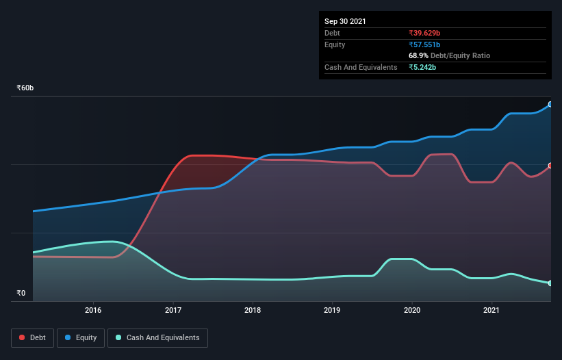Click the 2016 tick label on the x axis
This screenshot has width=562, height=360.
coord(93,311)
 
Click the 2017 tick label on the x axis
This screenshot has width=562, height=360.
coord(173,311)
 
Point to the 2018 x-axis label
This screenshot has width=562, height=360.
coord(253,311)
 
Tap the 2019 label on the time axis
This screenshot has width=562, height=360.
coord(332,311)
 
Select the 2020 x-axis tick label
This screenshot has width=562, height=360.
coord(412,311)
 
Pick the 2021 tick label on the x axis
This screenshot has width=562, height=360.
coord(491,311)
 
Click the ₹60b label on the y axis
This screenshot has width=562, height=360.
coord(25,88)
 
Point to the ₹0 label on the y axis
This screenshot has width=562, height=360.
coord(21,293)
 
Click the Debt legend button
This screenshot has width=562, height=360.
coord(32,337)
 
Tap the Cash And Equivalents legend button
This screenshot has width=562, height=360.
coord(157,337)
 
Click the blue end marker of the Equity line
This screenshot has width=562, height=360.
coord(550,105)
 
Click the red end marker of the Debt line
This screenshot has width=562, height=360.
coord(550,166)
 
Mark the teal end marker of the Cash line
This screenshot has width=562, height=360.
coord(550,283)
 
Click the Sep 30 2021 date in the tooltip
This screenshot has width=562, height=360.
coord(345,21)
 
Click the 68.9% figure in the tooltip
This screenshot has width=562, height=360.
coord(418,55)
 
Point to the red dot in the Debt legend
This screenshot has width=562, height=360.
coord(23,337)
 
